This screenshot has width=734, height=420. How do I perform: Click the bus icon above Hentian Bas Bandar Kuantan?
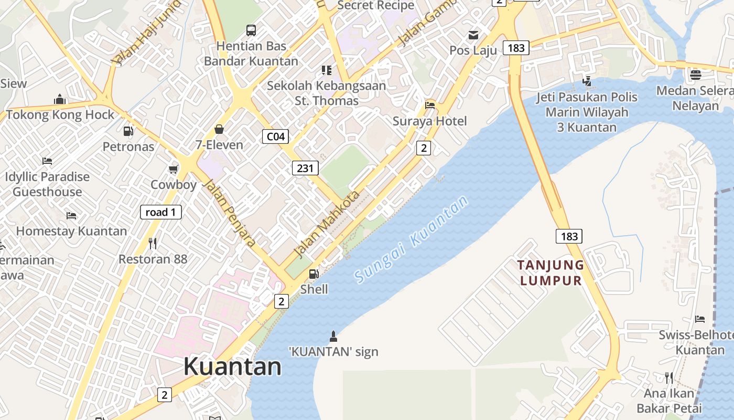251,30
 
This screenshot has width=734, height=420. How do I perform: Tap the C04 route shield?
275,137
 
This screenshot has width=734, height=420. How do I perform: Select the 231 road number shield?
305,168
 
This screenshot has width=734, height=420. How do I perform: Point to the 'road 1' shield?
161,212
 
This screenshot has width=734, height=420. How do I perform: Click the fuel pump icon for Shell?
314,274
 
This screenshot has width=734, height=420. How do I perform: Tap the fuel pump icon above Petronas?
128,131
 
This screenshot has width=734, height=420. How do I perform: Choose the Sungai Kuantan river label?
411,239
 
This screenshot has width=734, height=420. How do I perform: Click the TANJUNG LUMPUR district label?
550,272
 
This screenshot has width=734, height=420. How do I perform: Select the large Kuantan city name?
232,366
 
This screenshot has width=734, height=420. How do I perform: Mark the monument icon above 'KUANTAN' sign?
333,336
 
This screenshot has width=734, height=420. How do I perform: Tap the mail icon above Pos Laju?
473,35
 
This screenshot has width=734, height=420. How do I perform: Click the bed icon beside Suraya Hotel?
430,106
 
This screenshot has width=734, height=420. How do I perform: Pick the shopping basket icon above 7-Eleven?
219,129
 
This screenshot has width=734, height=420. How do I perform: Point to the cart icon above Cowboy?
174,169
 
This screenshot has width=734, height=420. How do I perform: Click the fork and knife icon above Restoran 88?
153,244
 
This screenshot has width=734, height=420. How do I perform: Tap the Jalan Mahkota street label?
328,224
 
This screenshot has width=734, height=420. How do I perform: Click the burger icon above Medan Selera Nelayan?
696,75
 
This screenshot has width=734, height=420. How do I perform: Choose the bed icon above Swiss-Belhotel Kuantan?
700,319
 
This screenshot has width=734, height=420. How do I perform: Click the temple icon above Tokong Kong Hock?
60,99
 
